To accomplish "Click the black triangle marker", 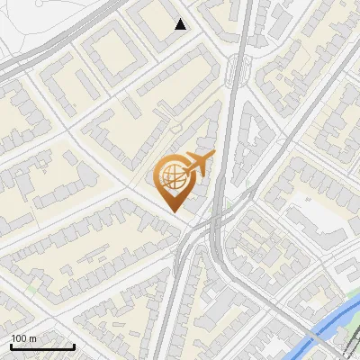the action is click(181, 24).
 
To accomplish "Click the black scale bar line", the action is click(42, 346).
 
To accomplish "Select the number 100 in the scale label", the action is click(20, 338).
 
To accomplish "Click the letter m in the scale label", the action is click(34, 338).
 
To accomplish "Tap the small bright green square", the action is click(33, 290).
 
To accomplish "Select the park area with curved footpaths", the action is click(27, 27).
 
